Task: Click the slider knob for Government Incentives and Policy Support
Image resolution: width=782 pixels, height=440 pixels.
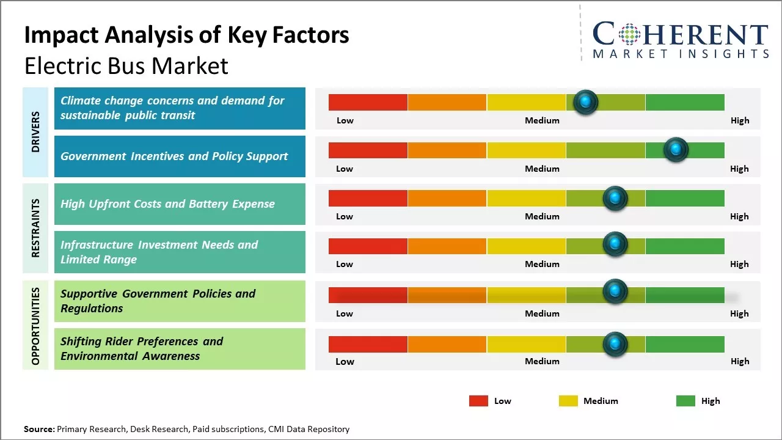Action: (x=676, y=150)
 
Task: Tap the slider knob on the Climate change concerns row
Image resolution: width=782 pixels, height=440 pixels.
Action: (x=586, y=102)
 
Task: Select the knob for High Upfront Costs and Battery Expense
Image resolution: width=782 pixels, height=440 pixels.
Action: (x=615, y=198)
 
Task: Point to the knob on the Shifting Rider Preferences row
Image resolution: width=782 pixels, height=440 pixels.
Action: (x=615, y=344)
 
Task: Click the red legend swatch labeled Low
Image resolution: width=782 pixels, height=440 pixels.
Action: (x=478, y=401)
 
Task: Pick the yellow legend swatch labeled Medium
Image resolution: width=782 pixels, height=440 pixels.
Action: (x=568, y=401)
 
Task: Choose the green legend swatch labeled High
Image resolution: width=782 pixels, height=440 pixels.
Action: (x=685, y=401)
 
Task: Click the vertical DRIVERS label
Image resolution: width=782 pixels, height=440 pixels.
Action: (x=35, y=132)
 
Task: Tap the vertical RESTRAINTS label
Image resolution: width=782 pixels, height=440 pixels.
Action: (x=35, y=228)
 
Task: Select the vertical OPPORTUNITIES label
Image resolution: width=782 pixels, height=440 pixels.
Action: (x=35, y=326)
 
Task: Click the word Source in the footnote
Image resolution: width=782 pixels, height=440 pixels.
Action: (x=38, y=429)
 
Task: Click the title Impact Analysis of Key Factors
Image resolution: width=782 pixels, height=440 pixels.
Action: (x=186, y=35)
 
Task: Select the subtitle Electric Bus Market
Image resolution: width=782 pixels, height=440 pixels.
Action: (x=126, y=66)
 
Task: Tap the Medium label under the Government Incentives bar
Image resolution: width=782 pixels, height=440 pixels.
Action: (x=542, y=169)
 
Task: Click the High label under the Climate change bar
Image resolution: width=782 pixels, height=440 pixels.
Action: (x=739, y=120)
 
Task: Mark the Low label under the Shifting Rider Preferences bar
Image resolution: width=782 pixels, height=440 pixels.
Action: (x=345, y=361)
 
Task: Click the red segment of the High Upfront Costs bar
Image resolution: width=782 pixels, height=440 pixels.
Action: (x=368, y=198)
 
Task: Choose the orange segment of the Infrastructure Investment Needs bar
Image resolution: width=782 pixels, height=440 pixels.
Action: (x=447, y=246)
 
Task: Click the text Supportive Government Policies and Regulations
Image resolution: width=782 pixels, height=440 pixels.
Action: (x=158, y=301)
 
